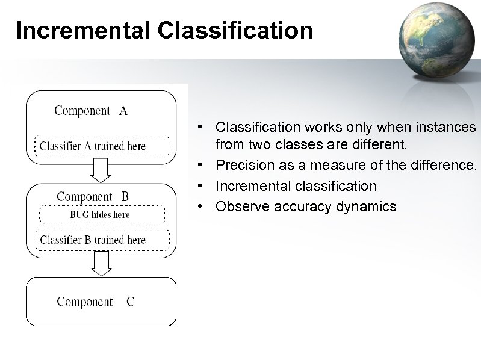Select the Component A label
click(x=91, y=110)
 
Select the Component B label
click(x=93, y=196)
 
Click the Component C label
click(x=96, y=302)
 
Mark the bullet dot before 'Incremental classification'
click(x=206, y=186)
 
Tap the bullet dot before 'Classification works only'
click(x=206, y=127)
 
